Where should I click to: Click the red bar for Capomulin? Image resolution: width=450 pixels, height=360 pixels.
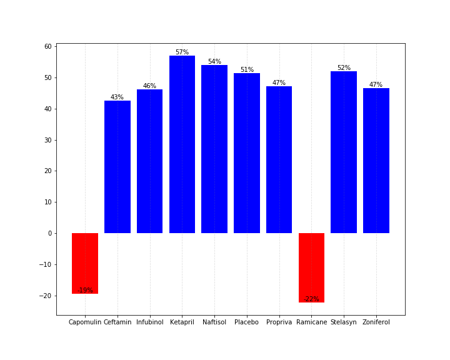tap(85, 263)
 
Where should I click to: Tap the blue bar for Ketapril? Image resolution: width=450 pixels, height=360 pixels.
tap(182, 144)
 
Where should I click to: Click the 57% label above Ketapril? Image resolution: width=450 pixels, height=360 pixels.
tap(182, 52)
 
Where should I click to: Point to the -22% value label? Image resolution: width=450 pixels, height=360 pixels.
tap(311, 299)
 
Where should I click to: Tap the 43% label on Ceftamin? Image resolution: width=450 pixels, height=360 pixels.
tap(117, 97)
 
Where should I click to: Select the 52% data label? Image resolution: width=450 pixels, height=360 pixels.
tap(344, 68)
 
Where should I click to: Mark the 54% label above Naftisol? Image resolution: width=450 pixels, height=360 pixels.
tap(214, 62)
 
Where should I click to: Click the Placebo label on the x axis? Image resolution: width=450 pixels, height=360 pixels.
tap(246, 322)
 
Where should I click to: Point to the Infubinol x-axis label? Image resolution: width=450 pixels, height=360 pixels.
tap(149, 322)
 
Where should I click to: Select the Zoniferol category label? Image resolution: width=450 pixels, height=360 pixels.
tap(376, 322)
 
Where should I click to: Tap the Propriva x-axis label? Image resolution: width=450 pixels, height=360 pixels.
tap(279, 322)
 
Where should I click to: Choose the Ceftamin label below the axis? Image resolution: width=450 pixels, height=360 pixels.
tap(117, 322)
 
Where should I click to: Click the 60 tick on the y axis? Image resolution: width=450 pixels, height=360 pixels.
tap(47, 47)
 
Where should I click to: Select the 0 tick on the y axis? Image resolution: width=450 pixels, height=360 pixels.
tap(49, 233)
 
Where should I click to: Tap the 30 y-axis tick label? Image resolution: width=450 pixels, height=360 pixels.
tap(47, 140)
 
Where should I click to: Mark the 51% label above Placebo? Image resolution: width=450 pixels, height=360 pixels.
tap(247, 70)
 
